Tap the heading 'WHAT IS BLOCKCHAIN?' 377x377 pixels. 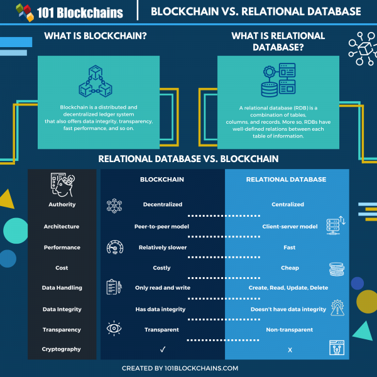(96, 36)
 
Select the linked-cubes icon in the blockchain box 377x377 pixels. (94, 82)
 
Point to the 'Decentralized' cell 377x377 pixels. (161, 204)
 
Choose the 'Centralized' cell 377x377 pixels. (288, 204)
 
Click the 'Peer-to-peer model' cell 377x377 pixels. (162, 226)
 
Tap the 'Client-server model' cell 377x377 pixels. (288, 226)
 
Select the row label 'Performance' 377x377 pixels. (62, 248)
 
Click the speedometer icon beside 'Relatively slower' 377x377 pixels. (114, 247)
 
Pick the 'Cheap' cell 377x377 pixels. (290, 268)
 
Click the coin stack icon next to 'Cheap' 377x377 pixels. (336, 270)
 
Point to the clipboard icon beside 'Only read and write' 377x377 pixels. (114, 288)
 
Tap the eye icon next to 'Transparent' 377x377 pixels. (114, 328)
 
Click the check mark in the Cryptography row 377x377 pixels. (162, 349)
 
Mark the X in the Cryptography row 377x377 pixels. (290, 349)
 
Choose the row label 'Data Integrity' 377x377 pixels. (62, 309)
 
